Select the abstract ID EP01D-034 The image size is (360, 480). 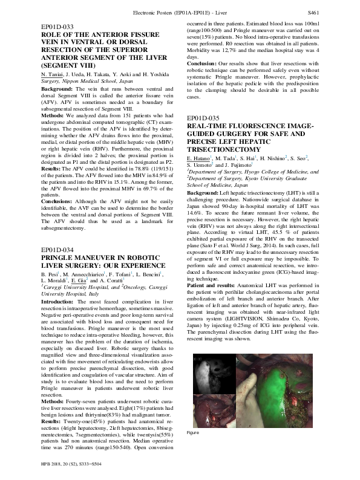pos(57,250)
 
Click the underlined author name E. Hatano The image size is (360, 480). pos(200,157)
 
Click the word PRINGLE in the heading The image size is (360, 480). pos(59,258)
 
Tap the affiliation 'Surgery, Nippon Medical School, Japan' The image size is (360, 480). pos(79,80)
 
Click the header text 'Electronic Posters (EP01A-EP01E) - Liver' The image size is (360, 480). pos(180,12)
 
